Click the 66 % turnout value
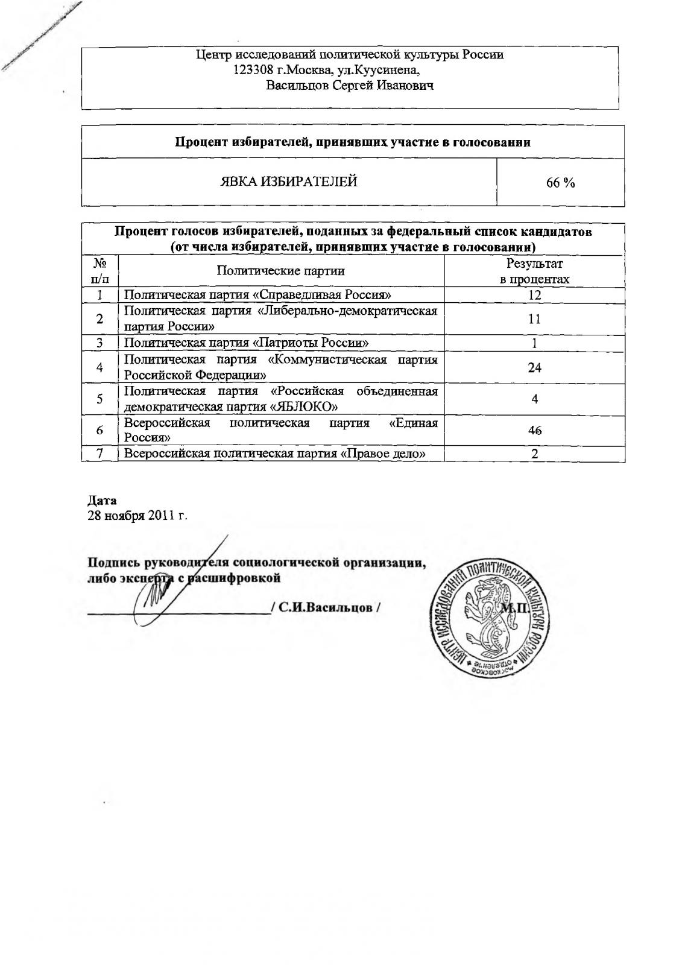click(x=560, y=183)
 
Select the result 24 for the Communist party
click(x=534, y=367)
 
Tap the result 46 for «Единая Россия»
click(x=534, y=430)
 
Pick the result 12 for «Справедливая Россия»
click(x=534, y=295)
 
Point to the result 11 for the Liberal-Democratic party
click(x=534, y=319)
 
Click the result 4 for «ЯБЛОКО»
click(x=534, y=399)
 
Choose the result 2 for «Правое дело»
click(x=534, y=454)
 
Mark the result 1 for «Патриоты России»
click(x=534, y=343)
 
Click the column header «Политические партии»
click(x=280, y=271)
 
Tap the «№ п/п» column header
click(x=100, y=271)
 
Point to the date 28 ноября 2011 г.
click(x=138, y=516)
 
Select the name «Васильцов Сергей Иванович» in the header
click(x=350, y=86)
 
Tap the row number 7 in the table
click(x=100, y=454)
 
